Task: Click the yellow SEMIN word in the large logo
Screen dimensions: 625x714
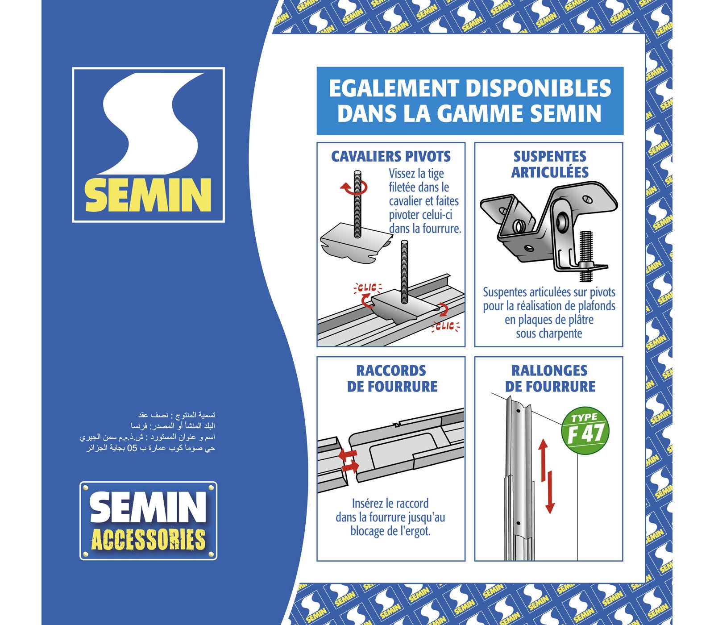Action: tap(148, 195)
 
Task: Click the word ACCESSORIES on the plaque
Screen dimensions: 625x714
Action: tap(148, 540)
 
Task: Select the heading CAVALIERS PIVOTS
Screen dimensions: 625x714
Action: tap(390, 157)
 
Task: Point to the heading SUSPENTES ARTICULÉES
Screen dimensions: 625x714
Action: tap(549, 164)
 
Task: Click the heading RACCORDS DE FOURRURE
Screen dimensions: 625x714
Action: tap(392, 379)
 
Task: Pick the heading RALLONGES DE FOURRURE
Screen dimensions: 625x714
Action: tap(549, 379)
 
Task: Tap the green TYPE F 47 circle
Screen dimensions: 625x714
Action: tap(585, 431)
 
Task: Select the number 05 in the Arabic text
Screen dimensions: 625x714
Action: tap(133, 448)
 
